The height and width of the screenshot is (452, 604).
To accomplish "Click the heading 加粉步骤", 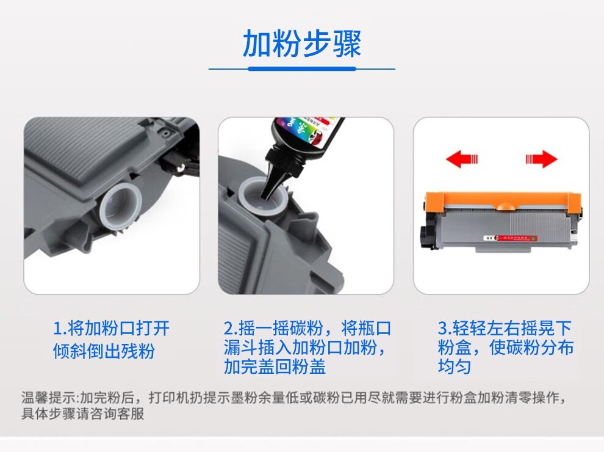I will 301,43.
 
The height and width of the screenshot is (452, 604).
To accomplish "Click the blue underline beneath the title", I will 301,69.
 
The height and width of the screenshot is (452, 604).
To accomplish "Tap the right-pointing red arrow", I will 541,160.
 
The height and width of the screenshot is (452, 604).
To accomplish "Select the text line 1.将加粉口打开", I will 111,329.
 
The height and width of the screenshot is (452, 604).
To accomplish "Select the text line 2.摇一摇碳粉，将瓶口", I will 306,329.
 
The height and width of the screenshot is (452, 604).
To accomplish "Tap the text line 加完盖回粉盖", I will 275,366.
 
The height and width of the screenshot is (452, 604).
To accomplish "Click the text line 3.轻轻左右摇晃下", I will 505,329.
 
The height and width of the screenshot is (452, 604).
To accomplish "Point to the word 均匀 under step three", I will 455,367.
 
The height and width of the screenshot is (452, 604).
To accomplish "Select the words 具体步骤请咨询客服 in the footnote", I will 83,414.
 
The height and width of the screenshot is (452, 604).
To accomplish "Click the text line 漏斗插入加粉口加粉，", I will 305,348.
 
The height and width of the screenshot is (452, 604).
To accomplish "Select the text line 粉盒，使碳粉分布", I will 506,348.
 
